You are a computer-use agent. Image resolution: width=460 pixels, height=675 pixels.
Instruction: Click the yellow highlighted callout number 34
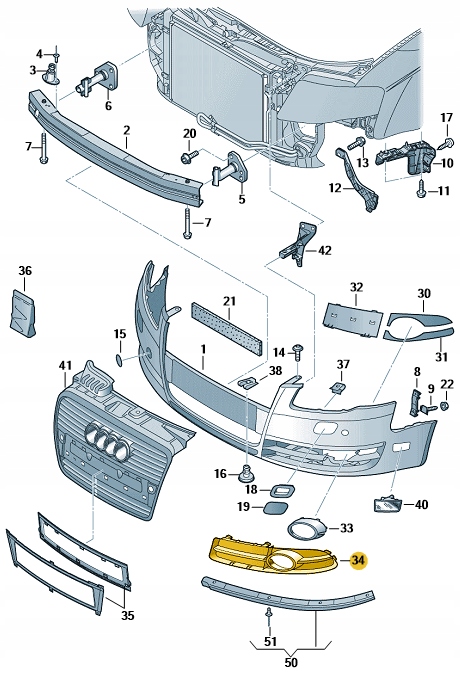[x=358, y=560]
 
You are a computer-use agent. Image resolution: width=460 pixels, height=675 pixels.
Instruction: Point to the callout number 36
[x=25, y=271]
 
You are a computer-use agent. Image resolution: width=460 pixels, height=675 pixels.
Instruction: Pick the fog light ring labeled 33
[x=303, y=528]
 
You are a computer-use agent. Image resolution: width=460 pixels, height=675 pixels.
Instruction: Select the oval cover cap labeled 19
[x=272, y=508]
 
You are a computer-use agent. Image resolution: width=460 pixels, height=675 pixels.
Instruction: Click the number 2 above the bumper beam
[x=127, y=130]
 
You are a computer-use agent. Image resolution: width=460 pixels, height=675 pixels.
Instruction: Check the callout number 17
[x=447, y=118]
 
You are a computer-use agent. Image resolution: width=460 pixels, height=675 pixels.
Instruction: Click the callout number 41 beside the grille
[x=66, y=367]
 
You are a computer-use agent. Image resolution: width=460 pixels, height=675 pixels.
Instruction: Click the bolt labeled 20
[x=188, y=156]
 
